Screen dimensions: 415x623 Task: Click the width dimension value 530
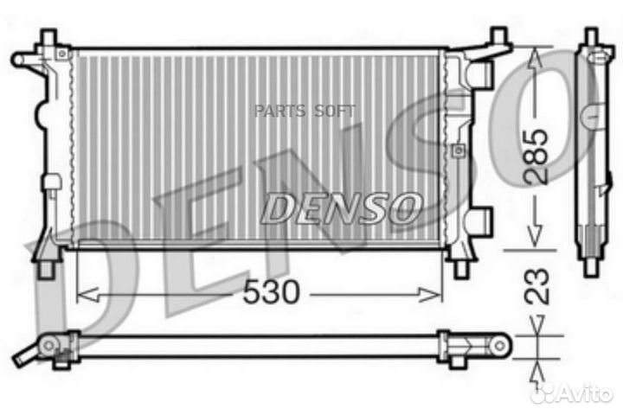tap(270, 294)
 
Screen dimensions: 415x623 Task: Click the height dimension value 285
tap(537, 156)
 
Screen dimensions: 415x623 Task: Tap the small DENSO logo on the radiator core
tap(342, 207)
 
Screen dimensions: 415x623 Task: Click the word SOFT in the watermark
tap(333, 110)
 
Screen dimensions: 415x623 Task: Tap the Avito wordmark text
tap(581, 393)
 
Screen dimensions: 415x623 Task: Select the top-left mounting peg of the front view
tap(48, 37)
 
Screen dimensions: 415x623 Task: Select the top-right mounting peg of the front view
tap(498, 37)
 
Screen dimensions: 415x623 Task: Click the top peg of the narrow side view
tap(591, 37)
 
